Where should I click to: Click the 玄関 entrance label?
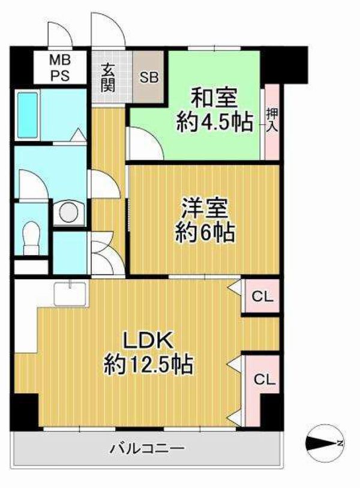click(107, 77)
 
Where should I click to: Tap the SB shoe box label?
click(149, 77)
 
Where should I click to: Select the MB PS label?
click(60, 68)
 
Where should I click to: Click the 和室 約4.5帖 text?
click(214, 110)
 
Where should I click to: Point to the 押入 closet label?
click(272, 120)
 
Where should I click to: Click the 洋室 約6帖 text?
click(205, 220)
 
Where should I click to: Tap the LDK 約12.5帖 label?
click(148, 353)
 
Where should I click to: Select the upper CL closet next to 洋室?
click(262, 297)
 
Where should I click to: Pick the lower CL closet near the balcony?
click(265, 380)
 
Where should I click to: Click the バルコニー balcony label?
click(148, 448)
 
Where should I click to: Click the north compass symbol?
click(325, 443)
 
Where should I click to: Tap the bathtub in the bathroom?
click(28, 115)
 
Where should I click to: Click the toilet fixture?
click(31, 238)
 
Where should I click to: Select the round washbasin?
click(68, 213)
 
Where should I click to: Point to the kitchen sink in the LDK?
click(70, 294)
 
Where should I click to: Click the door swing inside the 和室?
click(145, 143)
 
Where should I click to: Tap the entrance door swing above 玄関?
click(108, 29)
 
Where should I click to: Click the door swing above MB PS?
click(60, 35)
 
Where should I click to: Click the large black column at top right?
click(284, 65)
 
